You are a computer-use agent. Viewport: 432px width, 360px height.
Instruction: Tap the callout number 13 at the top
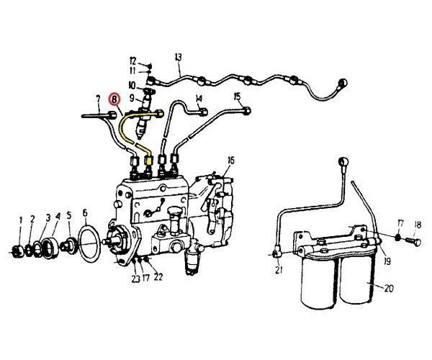(x=178, y=57)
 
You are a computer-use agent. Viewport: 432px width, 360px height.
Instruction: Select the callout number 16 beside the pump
(x=230, y=160)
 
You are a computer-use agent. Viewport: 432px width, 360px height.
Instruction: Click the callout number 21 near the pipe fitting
(x=278, y=271)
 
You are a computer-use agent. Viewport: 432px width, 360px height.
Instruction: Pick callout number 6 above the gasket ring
(x=84, y=213)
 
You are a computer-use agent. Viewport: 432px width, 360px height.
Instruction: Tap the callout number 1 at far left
(x=21, y=219)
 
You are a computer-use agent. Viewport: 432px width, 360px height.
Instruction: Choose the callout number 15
(x=238, y=96)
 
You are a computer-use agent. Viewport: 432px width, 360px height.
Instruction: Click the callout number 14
(x=198, y=98)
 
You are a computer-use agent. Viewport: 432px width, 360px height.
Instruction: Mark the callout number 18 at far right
(x=418, y=224)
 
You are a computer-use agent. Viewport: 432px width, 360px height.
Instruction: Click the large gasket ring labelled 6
(x=89, y=242)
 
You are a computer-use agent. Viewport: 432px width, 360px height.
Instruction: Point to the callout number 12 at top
(x=133, y=60)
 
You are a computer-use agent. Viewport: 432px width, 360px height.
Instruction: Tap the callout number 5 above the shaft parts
(x=68, y=215)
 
